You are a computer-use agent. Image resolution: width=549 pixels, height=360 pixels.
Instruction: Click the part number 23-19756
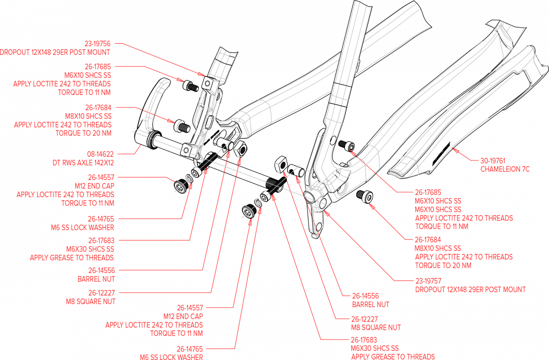[98, 44]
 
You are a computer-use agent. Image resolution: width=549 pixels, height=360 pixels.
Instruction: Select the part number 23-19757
[428, 281]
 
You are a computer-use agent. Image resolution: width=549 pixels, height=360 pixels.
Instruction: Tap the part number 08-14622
[100, 154]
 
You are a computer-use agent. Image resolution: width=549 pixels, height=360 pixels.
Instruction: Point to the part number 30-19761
[493, 161]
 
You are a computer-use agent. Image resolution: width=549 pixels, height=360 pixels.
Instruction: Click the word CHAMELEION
[499, 169]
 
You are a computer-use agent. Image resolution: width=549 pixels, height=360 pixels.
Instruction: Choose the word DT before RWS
[56, 163]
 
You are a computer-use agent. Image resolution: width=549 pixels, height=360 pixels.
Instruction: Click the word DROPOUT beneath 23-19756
[14, 52]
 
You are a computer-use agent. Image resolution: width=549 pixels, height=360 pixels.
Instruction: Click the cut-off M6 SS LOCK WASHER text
[171, 357]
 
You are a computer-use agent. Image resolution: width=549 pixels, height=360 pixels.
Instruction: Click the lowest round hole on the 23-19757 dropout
[318, 228]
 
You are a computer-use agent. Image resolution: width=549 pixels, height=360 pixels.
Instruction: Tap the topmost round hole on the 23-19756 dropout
[207, 83]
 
